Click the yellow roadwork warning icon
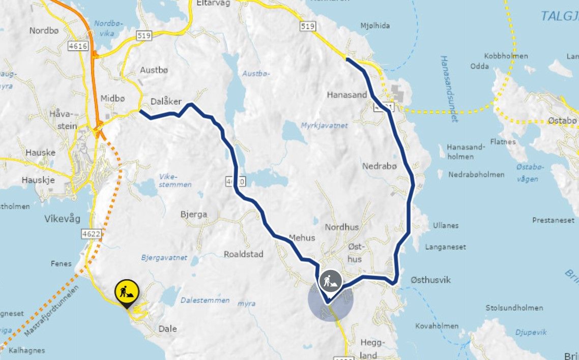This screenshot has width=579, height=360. click(127, 292)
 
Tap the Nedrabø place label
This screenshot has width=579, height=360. click(379, 166)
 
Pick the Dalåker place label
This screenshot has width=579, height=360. click(166, 101)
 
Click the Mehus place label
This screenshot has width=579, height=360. click(302, 237)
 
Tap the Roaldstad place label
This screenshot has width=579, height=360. click(244, 254)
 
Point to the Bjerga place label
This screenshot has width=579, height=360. click(194, 215)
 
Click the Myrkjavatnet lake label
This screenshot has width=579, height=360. click(325, 125)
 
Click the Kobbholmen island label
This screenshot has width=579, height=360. click(506, 56)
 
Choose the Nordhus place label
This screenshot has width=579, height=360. click(342, 227)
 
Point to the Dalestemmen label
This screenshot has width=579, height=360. click(206, 300)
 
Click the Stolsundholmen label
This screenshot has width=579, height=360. click(514, 308)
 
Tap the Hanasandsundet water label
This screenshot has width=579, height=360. click(448, 88)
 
